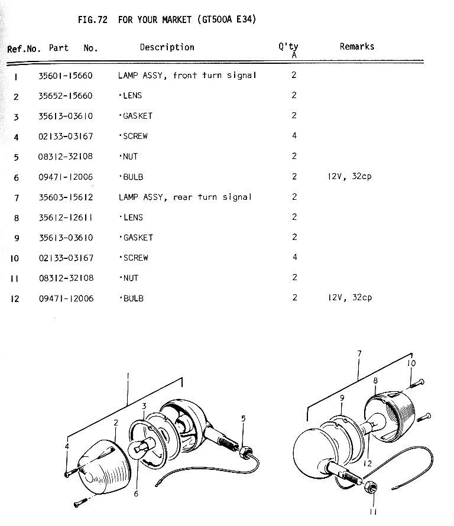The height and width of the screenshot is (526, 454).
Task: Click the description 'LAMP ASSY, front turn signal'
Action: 187,76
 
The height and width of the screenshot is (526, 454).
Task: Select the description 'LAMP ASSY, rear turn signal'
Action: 184,197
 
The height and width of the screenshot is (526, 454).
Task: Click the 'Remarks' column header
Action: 356,46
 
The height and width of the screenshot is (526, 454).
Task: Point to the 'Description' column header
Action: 167,47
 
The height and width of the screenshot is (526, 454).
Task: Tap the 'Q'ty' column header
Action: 288,47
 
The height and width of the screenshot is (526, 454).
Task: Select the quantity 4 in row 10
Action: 294,258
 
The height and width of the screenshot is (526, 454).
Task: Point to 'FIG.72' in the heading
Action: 92,20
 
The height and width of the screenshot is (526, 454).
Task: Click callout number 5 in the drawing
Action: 243,419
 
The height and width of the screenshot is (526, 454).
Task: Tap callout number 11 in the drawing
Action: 373,512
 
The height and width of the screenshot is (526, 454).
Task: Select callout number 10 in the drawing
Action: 411,363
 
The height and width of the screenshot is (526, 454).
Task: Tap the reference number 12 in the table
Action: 15,299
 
